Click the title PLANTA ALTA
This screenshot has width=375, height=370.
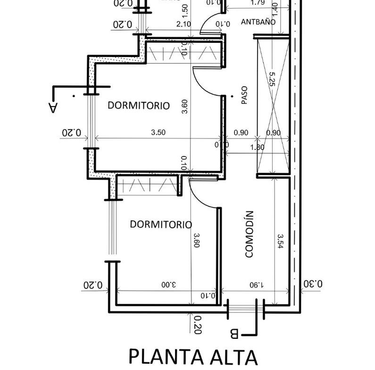coord(193,357)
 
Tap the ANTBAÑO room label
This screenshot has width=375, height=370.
coord(258,22)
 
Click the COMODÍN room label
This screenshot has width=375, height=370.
coord(250,234)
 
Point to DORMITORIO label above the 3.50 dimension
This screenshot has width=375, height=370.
coord(138,105)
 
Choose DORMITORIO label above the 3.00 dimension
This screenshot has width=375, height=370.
coord(160,224)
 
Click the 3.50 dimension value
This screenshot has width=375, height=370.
coord(158,132)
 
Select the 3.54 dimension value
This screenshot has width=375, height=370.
coord(281,242)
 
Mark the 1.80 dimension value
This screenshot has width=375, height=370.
coord(257,147)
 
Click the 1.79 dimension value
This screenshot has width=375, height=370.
coord(258,3)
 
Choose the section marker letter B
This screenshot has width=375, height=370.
coord(234,334)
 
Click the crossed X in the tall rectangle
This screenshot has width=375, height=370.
coord(272,106)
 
